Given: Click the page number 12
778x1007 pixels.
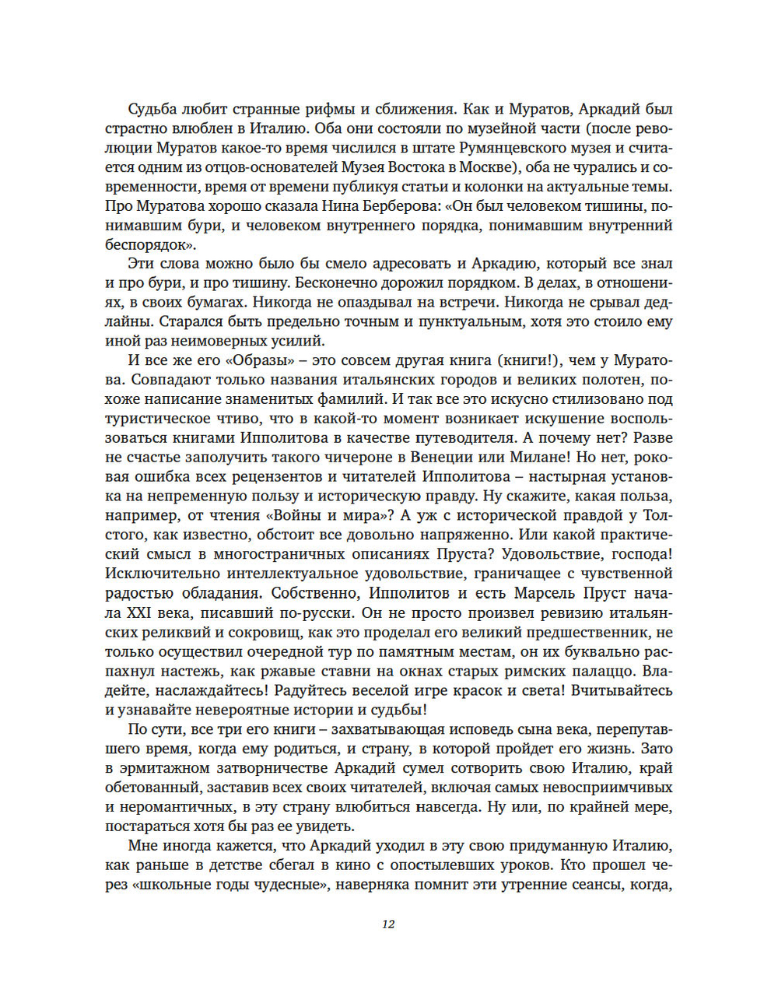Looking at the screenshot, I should click(x=388, y=924).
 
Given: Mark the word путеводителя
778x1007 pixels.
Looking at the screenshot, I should click(x=444, y=438).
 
